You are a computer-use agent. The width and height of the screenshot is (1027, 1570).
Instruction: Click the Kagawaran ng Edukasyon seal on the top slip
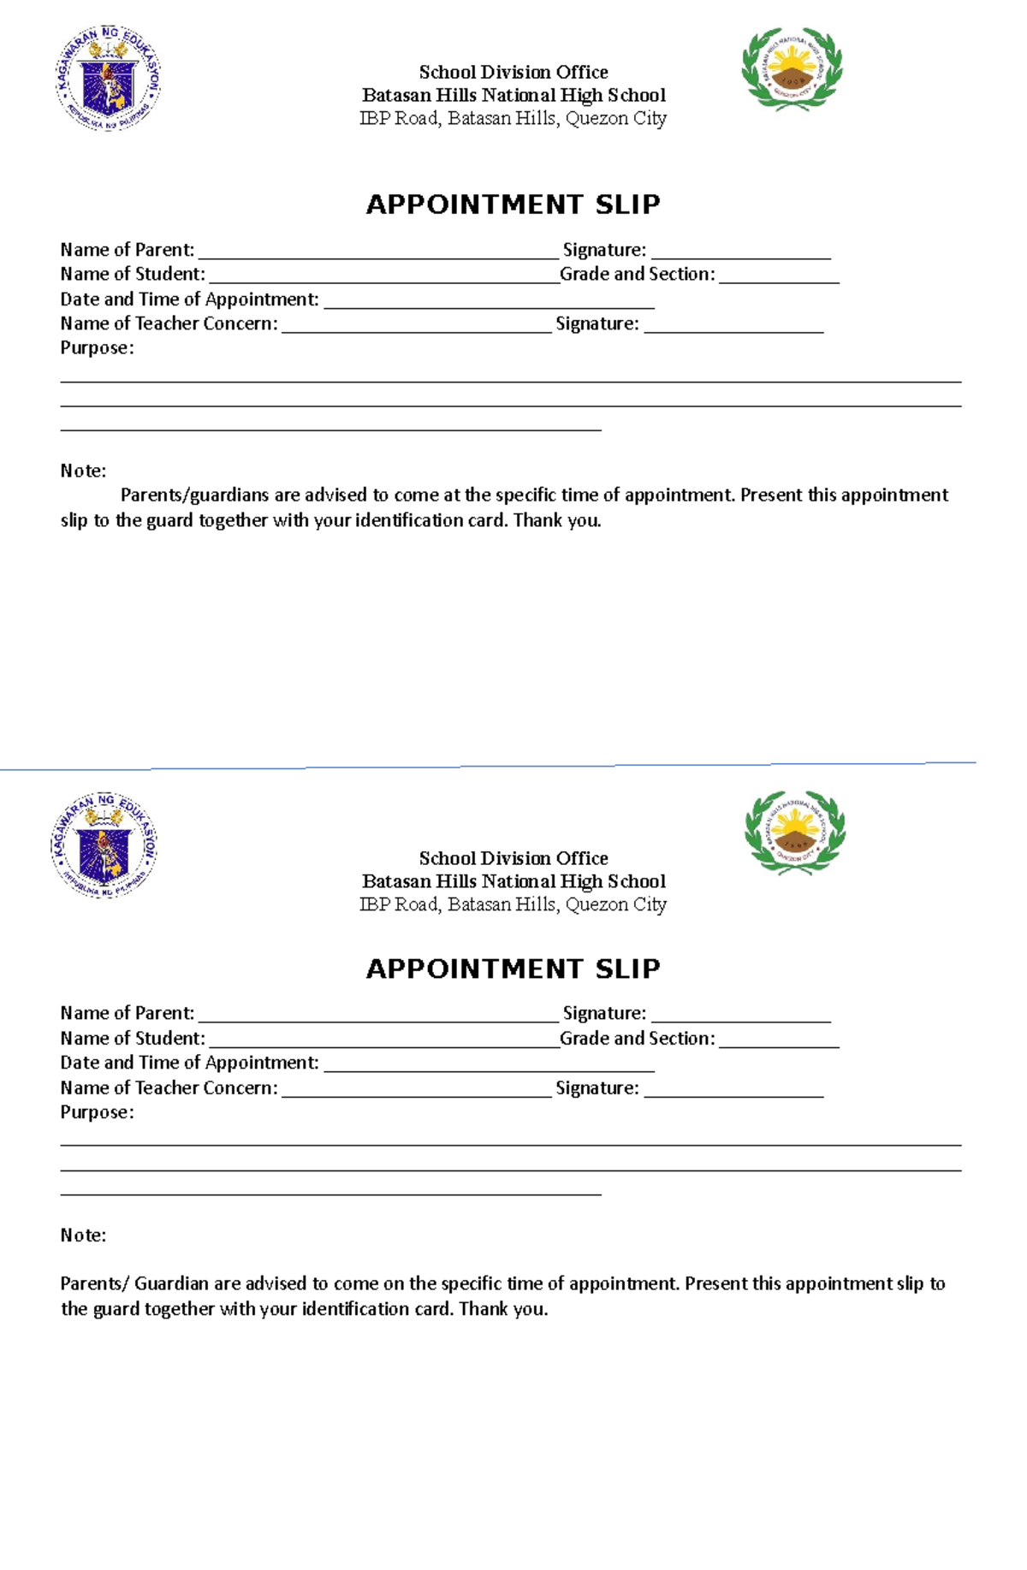(x=108, y=78)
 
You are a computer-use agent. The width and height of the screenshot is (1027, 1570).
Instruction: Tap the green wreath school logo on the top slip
(x=792, y=69)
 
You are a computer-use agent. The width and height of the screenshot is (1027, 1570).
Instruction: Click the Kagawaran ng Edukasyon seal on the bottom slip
(x=104, y=845)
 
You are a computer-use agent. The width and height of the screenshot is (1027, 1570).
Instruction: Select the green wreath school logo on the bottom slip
(x=794, y=832)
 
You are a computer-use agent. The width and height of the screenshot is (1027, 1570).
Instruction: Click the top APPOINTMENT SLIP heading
(x=513, y=204)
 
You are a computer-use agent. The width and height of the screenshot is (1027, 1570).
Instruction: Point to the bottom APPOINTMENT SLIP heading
(x=513, y=969)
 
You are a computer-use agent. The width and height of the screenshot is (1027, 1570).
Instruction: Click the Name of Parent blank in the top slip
(x=377, y=252)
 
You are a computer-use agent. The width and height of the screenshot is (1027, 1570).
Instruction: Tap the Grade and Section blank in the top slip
(x=779, y=276)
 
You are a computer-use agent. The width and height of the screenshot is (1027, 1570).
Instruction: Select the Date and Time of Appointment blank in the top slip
(x=489, y=301)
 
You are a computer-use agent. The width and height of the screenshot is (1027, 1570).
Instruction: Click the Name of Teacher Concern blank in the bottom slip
(x=416, y=1089)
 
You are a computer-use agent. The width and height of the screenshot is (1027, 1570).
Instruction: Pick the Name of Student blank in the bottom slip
(x=383, y=1040)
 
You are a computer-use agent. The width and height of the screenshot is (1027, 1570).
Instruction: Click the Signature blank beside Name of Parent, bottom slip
(x=740, y=1016)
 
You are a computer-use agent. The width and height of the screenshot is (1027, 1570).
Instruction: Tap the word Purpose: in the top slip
(x=97, y=348)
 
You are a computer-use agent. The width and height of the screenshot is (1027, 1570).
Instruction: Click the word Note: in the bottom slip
(x=83, y=1235)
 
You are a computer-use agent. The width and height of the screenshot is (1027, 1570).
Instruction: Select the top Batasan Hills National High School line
(x=513, y=95)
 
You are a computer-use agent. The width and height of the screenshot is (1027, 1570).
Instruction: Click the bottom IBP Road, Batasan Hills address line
(x=513, y=904)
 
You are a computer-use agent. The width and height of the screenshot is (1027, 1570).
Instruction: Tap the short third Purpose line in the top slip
(x=330, y=430)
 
